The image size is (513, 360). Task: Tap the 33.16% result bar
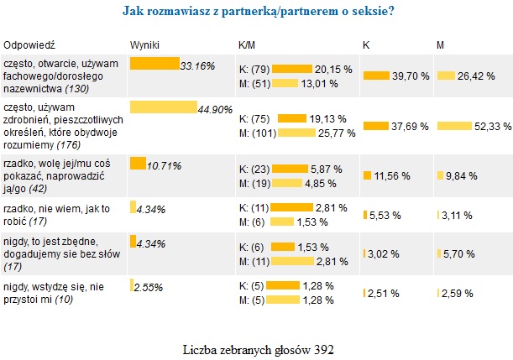[x=154, y=63]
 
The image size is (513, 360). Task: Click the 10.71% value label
[x=165, y=166]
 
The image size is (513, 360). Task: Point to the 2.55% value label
[x=149, y=287]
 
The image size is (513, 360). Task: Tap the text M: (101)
[x=257, y=133]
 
